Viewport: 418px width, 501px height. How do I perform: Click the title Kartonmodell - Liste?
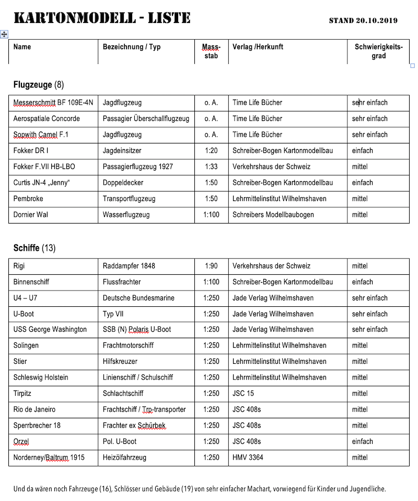point(102,18)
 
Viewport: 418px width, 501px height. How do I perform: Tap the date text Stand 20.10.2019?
point(363,21)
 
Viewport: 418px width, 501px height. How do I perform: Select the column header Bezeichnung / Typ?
point(132,47)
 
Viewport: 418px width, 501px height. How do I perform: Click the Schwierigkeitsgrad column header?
point(378,51)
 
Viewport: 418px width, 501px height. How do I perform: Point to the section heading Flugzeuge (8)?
point(39,85)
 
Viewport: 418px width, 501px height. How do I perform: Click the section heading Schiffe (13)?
point(34,248)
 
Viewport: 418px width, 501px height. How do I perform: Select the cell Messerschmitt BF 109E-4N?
point(53,103)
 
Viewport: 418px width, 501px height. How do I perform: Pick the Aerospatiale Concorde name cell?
point(47,119)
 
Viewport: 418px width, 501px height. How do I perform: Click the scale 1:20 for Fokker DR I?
point(211,151)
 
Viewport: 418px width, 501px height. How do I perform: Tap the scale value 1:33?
point(211,167)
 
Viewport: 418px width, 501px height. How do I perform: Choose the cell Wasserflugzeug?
point(126,215)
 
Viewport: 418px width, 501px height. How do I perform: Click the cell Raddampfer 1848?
point(129,266)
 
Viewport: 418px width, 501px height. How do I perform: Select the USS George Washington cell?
point(50,330)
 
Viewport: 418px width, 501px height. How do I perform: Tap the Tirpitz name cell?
point(23,394)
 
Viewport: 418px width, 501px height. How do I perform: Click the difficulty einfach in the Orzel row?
point(362,442)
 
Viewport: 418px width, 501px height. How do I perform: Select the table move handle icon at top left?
point(4,34)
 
